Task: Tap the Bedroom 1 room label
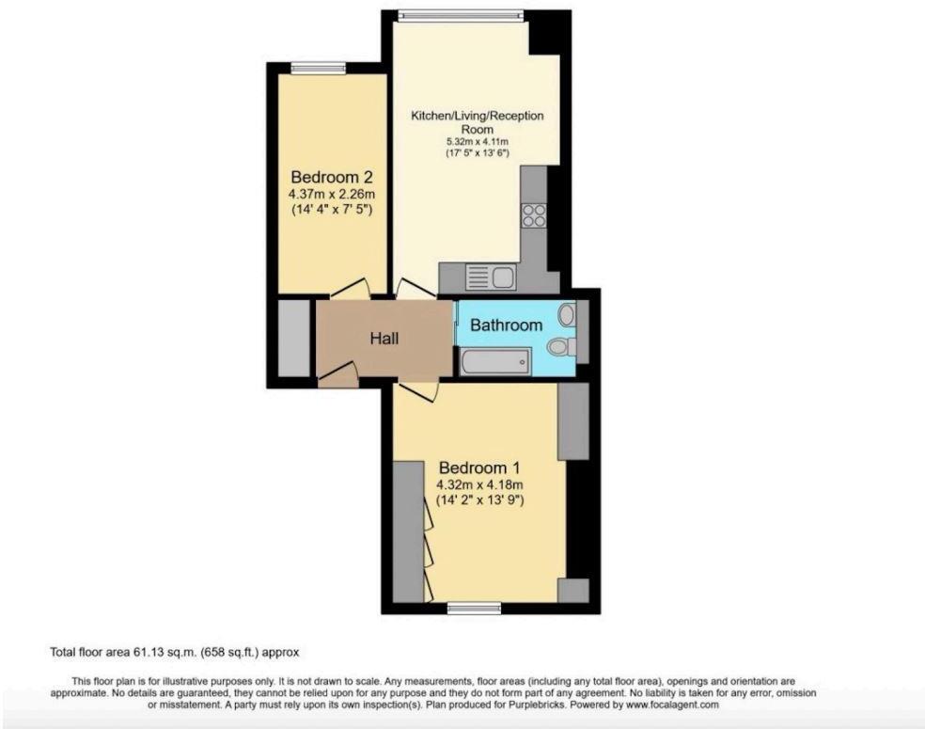coord(479,468)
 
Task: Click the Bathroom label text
coord(506,325)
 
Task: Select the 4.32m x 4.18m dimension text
coord(479,484)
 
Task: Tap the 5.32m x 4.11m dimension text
coord(478,142)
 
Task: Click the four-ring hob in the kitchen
coord(535,215)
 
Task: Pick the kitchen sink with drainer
coord(489,277)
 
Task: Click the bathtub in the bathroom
coord(494,360)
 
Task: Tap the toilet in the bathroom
coord(562,347)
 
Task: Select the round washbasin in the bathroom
coord(567,314)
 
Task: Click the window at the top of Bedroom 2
coord(319,67)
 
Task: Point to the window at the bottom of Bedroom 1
coord(468,607)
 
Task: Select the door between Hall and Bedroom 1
coord(415,389)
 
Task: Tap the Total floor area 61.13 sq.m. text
coord(174,651)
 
